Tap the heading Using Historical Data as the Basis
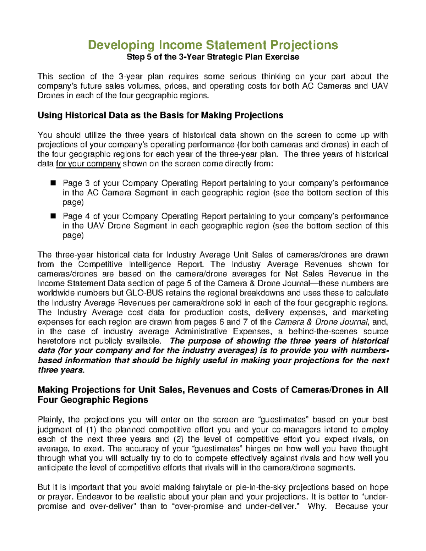[x=160, y=115]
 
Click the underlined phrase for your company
[x=88, y=164]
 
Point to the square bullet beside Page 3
[x=54, y=183]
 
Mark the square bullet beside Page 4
[x=54, y=216]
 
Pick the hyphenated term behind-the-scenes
[x=323, y=332]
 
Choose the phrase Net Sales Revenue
[x=328, y=274]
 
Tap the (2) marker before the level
[x=179, y=439]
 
